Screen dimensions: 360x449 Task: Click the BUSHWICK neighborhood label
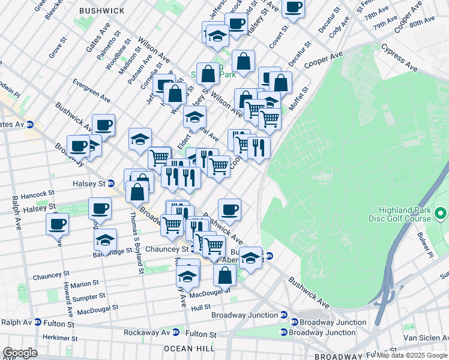pyautogui.click(x=101, y=11)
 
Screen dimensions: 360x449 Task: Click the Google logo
pyautogui.click(x=20, y=353)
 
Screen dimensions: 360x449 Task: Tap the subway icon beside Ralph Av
pyautogui.click(x=38, y=322)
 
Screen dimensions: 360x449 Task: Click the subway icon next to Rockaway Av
pyautogui.click(x=175, y=332)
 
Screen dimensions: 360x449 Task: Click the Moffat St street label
pyautogui.click(x=300, y=100)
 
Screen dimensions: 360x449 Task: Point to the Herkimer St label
pyautogui.click(x=64, y=338)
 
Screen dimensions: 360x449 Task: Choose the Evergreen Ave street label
pyautogui.click(x=91, y=89)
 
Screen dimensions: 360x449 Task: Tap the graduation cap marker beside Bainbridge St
pyautogui.click(x=105, y=239)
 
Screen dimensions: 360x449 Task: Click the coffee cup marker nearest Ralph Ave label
pyautogui.click(x=58, y=224)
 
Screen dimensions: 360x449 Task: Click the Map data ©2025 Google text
pyautogui.click(x=412, y=355)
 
